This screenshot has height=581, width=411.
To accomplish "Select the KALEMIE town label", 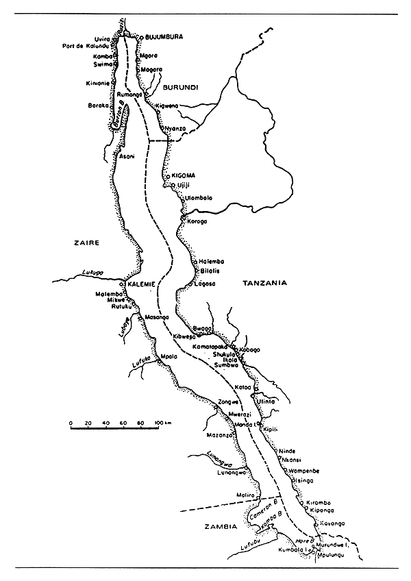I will click(141, 284).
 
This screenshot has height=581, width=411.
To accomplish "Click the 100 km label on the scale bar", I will click(162, 425).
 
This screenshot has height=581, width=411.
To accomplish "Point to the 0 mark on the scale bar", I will click(71, 425).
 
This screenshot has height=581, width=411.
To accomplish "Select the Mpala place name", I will click(169, 356).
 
